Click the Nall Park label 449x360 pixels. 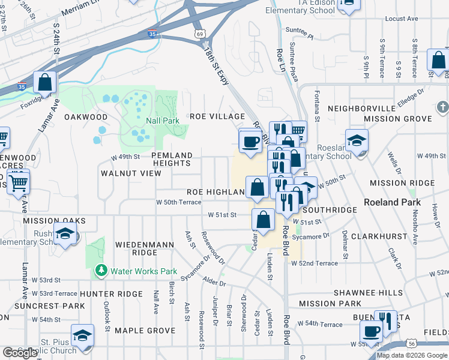(162, 121)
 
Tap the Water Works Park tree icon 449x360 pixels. (101, 271)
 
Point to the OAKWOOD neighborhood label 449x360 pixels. (86, 116)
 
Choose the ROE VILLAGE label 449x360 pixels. (217, 116)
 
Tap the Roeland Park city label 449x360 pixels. (391, 202)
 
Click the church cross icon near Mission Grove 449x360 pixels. (442, 107)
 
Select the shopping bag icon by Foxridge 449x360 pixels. (44, 82)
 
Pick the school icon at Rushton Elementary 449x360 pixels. (65, 235)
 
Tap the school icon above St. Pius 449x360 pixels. (82, 335)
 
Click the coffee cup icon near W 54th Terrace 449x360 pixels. (372, 331)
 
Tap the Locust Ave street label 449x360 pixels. (401, 19)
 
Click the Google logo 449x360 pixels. (20, 353)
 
